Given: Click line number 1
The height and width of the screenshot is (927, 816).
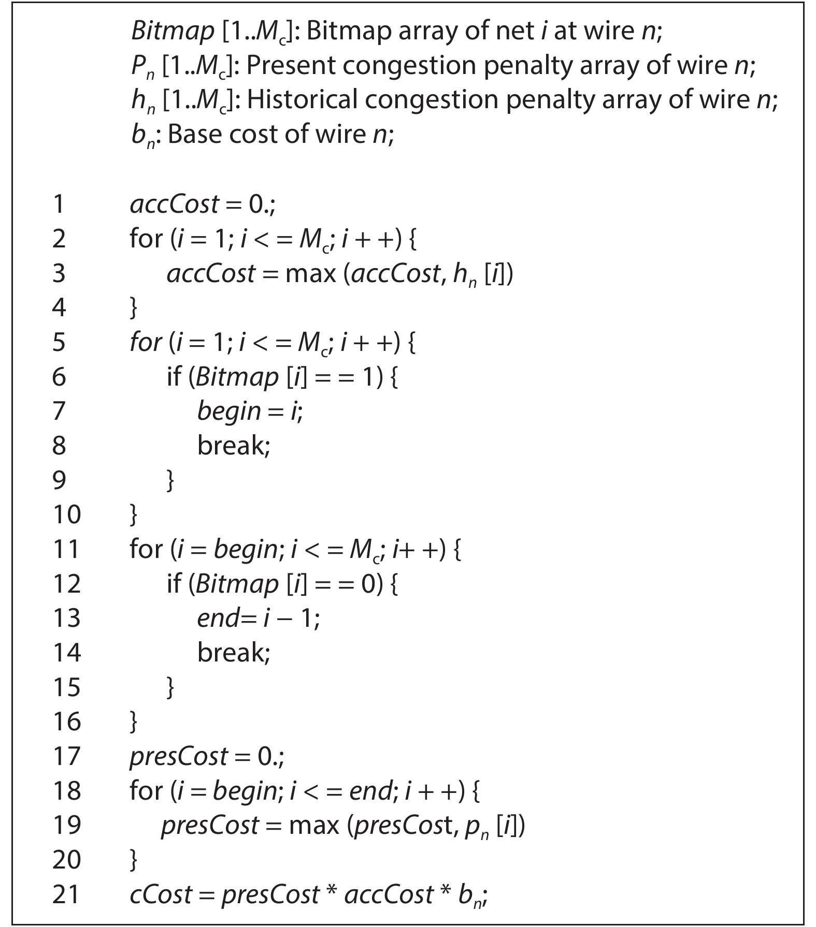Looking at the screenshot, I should coord(59,204).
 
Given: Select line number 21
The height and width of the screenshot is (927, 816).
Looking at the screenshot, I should coord(66,894).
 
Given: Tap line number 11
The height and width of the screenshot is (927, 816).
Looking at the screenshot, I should coord(66,549).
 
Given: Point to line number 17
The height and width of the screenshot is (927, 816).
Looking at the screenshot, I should coord(67,756).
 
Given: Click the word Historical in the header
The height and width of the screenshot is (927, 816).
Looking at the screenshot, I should coord(302,100).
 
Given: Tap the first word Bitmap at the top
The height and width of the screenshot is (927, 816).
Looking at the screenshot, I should coord(173,32).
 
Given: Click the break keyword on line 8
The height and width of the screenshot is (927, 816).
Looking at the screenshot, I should coord(234,445).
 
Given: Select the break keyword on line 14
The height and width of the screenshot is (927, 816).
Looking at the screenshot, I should coord(234,652).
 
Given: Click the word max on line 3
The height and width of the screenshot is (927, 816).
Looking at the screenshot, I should coord(310,273).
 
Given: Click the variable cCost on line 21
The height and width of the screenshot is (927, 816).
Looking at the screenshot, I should coord(161,894).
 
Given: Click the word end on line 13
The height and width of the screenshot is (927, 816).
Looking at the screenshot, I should coord(218,618).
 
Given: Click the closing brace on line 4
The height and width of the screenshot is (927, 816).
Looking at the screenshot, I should coord(134,308).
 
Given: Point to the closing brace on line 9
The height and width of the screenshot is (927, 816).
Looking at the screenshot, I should coord(170,480).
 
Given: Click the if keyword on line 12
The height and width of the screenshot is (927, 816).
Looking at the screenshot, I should coord(174,583).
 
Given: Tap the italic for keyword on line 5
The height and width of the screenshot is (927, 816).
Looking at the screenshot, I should coord(146,342).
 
